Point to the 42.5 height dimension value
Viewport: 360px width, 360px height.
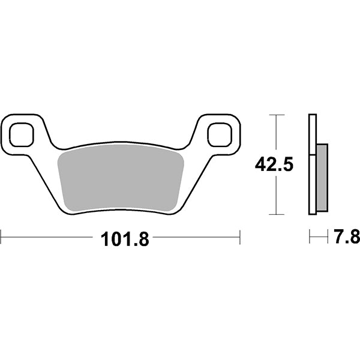(274, 164)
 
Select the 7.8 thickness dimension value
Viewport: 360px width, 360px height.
(346, 238)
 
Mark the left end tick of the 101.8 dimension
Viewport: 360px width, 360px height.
(1, 237)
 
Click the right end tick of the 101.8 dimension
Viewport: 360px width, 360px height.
(240, 237)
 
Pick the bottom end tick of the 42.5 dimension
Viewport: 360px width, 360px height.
(275, 214)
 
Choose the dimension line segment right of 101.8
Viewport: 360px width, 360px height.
(195, 237)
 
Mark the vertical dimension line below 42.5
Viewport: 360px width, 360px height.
(275, 195)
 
